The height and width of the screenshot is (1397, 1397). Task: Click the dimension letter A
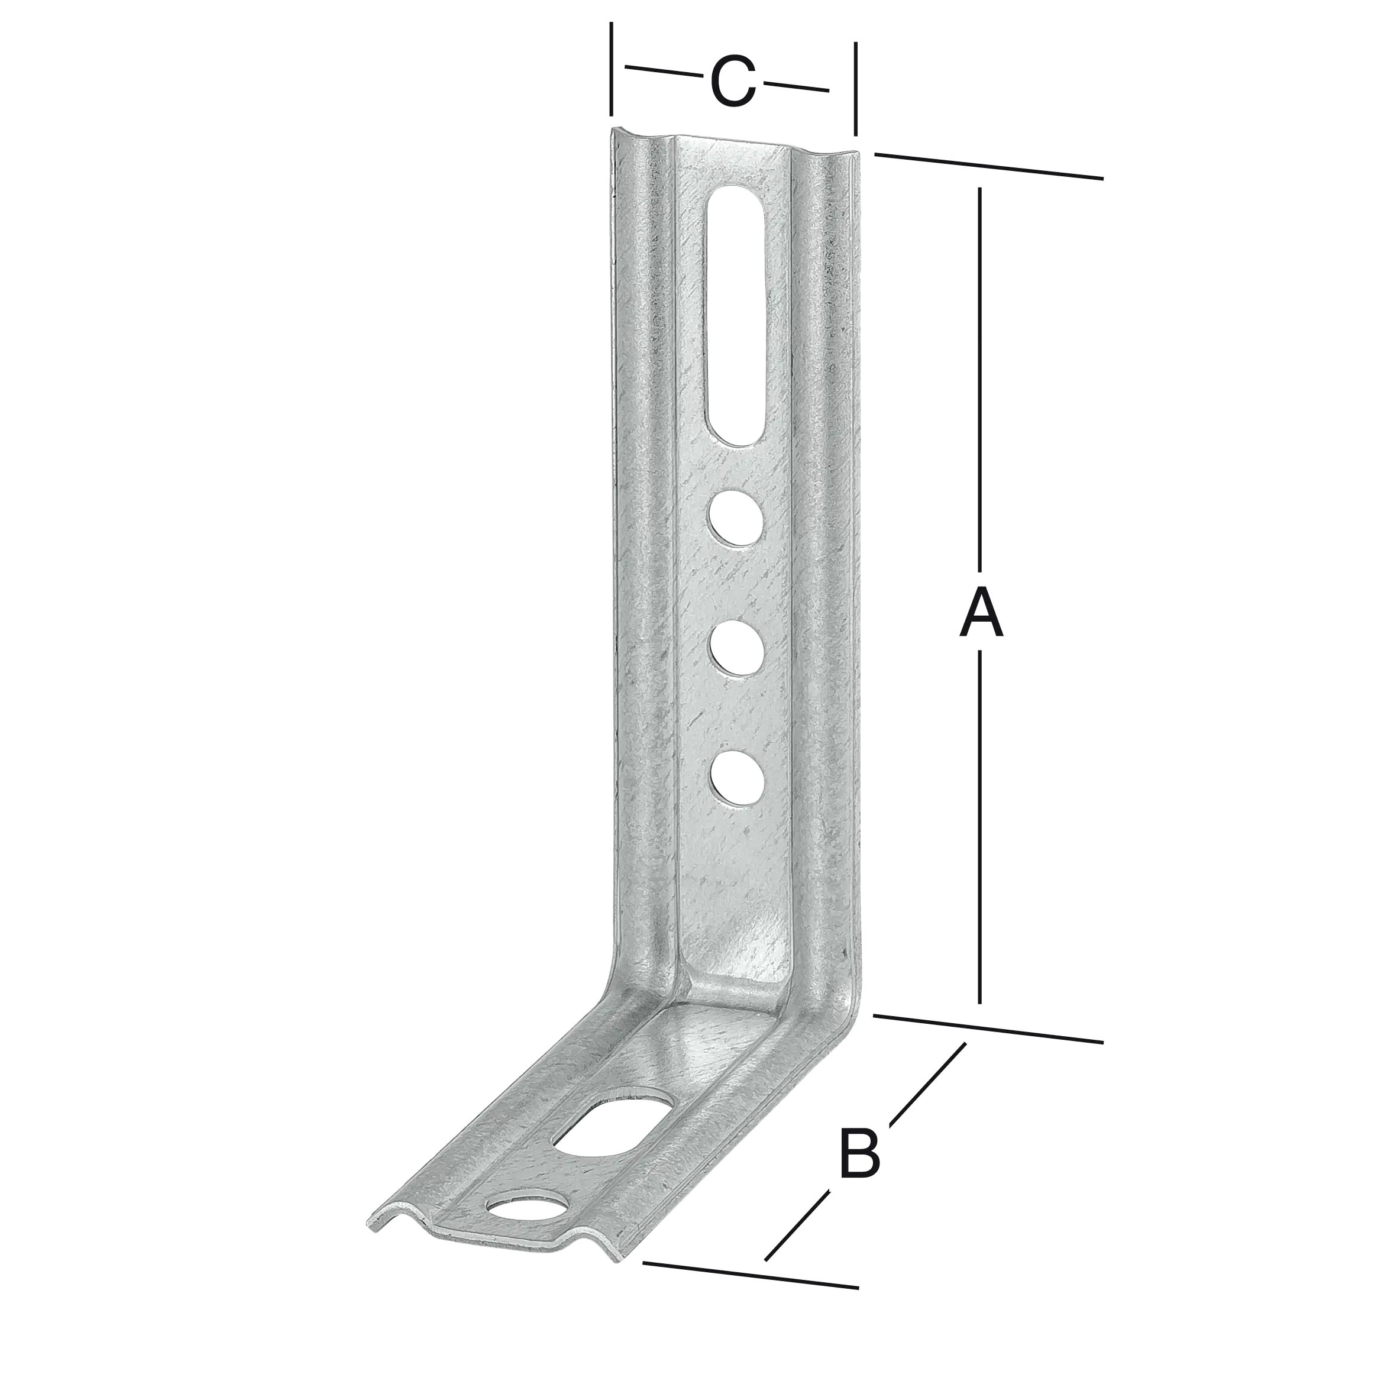click(981, 613)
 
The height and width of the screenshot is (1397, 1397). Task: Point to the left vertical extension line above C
click(611, 69)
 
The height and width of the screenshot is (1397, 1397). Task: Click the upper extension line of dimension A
click(988, 166)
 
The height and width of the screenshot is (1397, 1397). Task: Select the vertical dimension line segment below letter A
click(980, 824)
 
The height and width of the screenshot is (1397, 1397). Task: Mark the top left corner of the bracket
click(615, 131)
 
